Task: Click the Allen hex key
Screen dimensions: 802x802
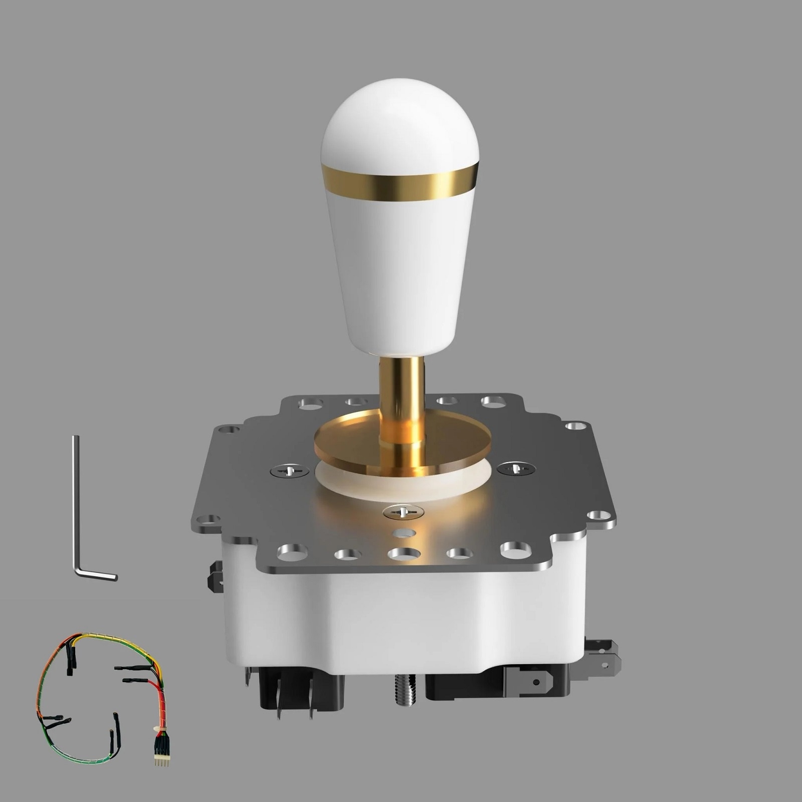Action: [77, 506]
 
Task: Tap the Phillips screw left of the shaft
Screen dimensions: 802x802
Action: [289, 471]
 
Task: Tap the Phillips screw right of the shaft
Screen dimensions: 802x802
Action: [516, 469]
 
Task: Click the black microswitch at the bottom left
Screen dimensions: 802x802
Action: [301, 689]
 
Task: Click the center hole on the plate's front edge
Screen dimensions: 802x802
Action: [404, 553]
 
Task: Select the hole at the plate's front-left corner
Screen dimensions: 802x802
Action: [292, 552]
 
